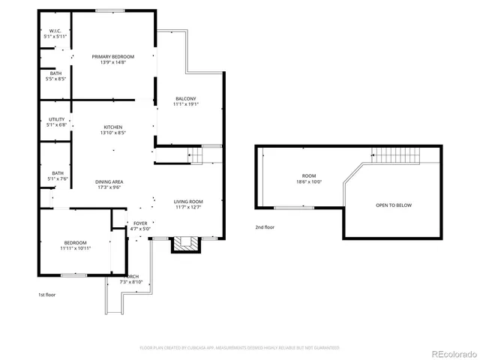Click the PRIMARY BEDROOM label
113,56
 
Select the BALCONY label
186,99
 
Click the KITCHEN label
112,127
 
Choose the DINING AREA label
109,182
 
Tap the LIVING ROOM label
189,202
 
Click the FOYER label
140,223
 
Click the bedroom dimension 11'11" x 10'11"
75,248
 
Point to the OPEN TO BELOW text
393,205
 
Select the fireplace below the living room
186,244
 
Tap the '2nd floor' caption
265,226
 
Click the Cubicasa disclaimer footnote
240,348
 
